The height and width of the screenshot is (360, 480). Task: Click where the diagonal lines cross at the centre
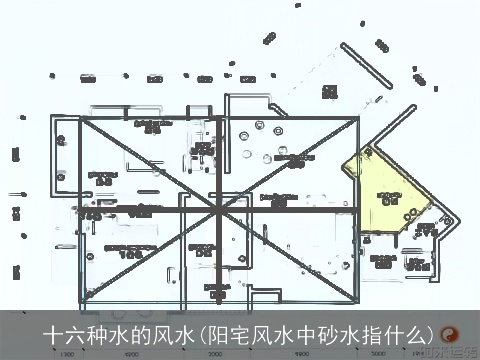click(218, 212)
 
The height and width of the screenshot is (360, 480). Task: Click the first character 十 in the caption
click(52, 334)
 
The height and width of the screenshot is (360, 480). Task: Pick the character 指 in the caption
click(383, 334)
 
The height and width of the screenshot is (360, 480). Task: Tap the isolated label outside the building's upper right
click(330, 91)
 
